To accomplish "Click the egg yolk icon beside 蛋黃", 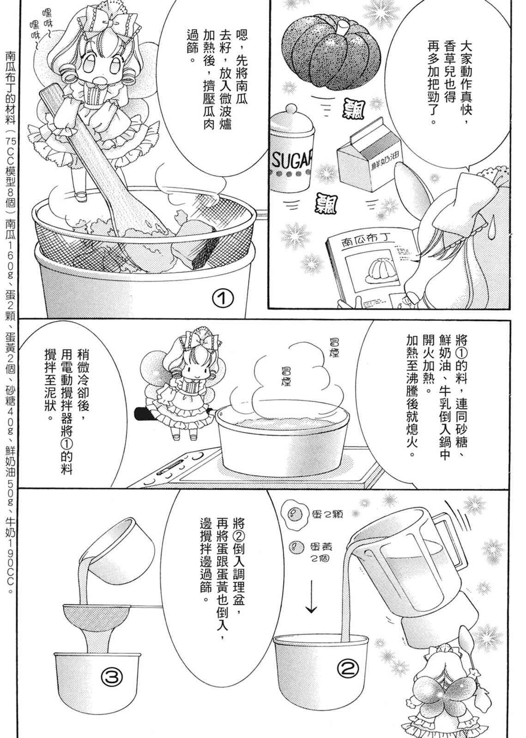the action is coord(296,548).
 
